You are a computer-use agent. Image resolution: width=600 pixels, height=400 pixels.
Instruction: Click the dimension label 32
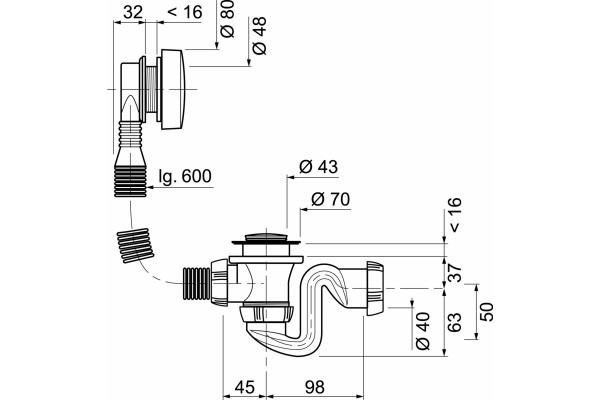[133, 12]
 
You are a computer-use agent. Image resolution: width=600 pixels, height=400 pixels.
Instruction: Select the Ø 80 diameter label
[228, 19]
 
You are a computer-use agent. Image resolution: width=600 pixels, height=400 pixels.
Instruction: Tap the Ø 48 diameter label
[260, 36]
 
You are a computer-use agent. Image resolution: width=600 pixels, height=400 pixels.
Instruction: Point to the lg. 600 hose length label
[185, 176]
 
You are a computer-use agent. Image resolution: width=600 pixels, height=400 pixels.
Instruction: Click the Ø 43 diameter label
[319, 167]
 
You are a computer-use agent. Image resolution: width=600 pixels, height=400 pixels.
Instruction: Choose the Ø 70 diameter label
[331, 199]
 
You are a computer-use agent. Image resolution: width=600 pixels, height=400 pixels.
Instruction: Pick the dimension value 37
[455, 273]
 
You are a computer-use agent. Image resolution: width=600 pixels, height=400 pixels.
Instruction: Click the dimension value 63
[455, 322]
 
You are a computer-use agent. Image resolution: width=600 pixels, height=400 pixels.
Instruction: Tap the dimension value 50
[487, 312]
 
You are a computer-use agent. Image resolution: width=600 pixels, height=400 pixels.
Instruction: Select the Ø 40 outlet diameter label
[423, 331]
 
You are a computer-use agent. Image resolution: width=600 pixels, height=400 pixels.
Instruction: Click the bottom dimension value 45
[245, 387]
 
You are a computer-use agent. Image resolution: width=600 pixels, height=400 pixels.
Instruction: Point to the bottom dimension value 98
[315, 387]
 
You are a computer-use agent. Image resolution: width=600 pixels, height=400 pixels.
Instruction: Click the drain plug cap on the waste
[266, 237]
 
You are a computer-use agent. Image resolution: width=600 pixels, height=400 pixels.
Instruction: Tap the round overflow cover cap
[173, 89]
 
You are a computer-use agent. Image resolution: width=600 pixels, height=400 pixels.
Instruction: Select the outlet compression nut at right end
[375, 289]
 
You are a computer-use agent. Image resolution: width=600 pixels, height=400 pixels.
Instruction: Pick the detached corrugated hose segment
[136, 245]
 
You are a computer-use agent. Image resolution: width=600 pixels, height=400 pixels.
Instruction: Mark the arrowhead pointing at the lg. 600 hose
[150, 188]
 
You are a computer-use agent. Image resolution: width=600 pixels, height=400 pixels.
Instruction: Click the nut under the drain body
[266, 313]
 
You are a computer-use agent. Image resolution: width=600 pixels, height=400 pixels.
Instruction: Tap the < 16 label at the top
[185, 12]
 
